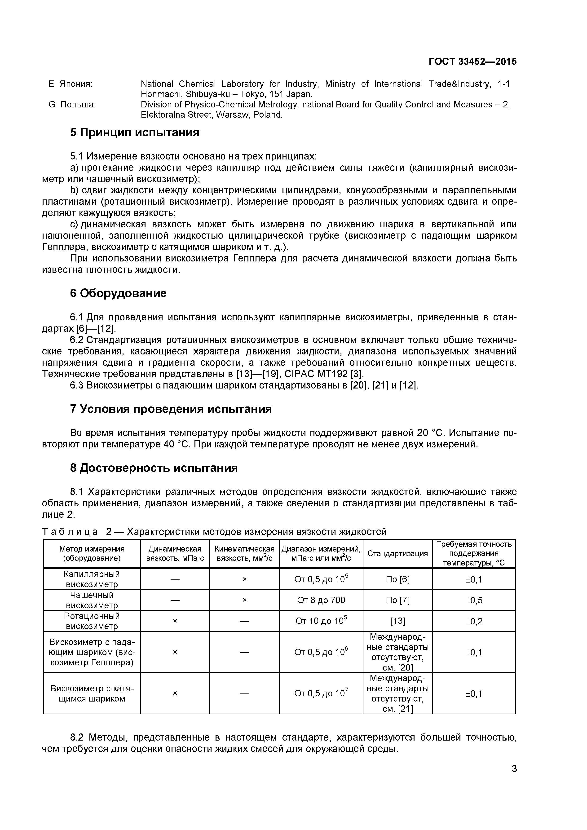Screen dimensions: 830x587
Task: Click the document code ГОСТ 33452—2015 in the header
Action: (x=472, y=62)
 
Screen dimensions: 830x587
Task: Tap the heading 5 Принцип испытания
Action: (x=134, y=133)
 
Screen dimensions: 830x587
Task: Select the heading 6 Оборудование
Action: (x=118, y=293)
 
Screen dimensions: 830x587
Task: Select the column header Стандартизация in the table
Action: (x=397, y=553)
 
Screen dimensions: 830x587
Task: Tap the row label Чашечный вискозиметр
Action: (x=92, y=600)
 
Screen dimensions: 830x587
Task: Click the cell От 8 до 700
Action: (x=321, y=600)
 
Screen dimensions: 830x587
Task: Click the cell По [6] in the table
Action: (x=397, y=579)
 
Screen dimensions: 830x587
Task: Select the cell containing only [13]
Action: (x=397, y=621)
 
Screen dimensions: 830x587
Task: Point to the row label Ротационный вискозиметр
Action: (x=92, y=621)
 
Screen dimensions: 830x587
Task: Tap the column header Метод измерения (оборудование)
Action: (x=92, y=553)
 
